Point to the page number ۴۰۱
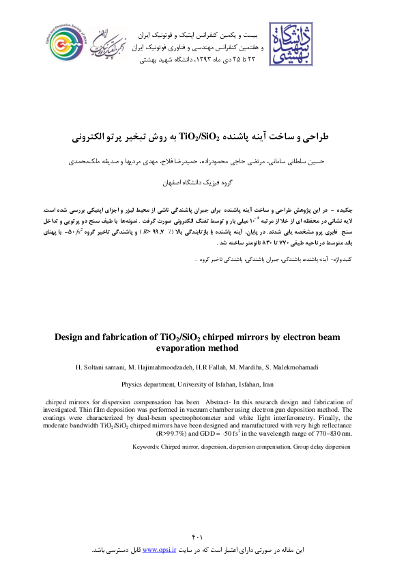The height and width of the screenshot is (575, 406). pyautogui.click(x=203, y=539)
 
